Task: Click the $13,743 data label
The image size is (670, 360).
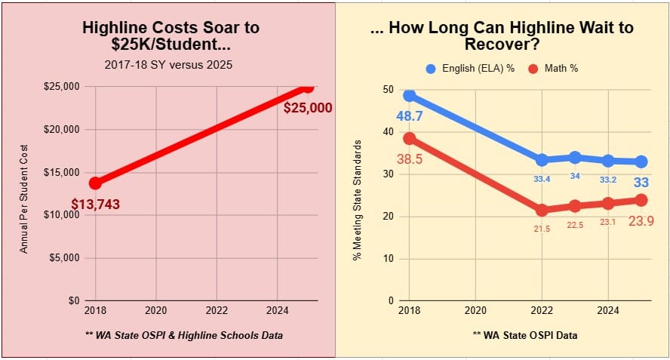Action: pyautogui.click(x=96, y=204)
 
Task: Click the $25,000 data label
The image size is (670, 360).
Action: pyautogui.click(x=307, y=108)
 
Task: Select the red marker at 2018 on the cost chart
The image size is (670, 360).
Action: pyautogui.click(x=95, y=183)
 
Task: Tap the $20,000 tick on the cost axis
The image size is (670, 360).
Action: pyautogui.click(x=63, y=129)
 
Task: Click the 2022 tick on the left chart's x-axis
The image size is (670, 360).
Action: pyautogui.click(x=217, y=310)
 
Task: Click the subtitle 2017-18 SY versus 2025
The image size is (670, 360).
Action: pyautogui.click(x=168, y=64)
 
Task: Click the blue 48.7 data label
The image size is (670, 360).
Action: pyautogui.click(x=409, y=117)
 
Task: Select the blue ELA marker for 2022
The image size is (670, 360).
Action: pyautogui.click(x=542, y=160)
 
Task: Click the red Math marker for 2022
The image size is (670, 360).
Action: pyautogui.click(x=542, y=210)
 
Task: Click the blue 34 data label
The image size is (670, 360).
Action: pyautogui.click(x=575, y=176)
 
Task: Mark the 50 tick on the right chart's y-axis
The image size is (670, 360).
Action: pyautogui.click(x=389, y=90)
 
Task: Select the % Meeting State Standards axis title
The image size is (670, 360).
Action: pyautogui.click(x=357, y=200)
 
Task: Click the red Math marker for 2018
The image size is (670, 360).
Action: pyautogui.click(x=409, y=138)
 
